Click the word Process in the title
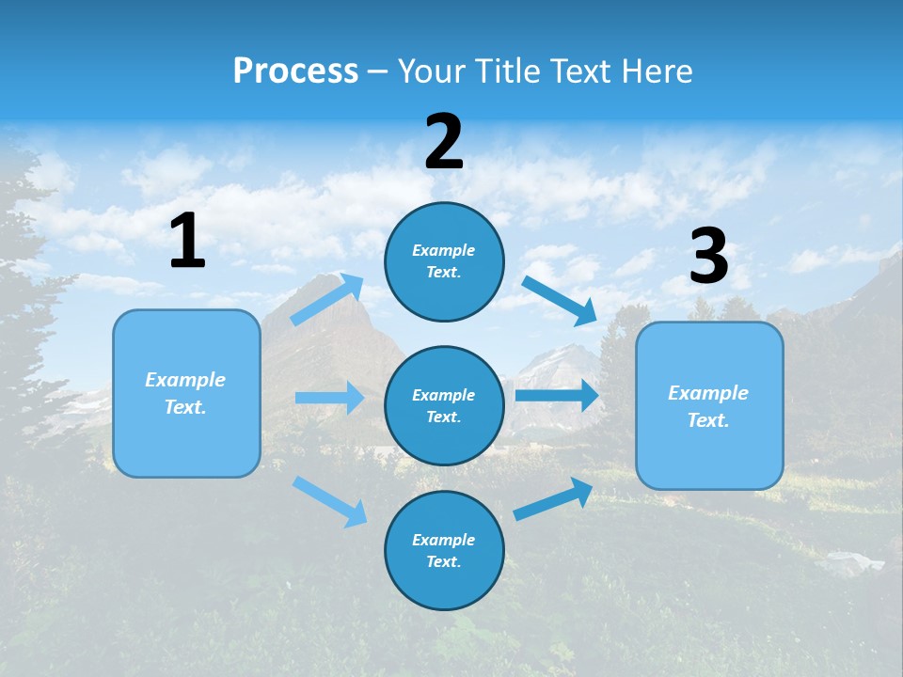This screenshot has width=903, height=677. (x=295, y=71)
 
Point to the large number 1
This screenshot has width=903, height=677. (x=187, y=242)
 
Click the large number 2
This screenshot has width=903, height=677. (x=444, y=142)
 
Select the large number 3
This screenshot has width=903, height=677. (x=708, y=257)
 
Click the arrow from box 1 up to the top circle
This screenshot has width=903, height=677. (x=327, y=300)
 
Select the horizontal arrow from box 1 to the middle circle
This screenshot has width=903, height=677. (x=329, y=398)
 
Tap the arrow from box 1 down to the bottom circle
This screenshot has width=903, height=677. (x=329, y=500)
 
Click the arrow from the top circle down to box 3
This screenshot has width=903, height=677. (x=559, y=300)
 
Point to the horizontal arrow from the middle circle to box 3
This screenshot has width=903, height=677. (x=556, y=395)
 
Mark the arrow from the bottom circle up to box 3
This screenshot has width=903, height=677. (x=553, y=498)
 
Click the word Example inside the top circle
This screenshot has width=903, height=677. (x=444, y=250)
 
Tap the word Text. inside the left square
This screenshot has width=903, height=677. (x=185, y=407)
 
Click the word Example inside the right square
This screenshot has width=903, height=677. (x=708, y=393)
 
